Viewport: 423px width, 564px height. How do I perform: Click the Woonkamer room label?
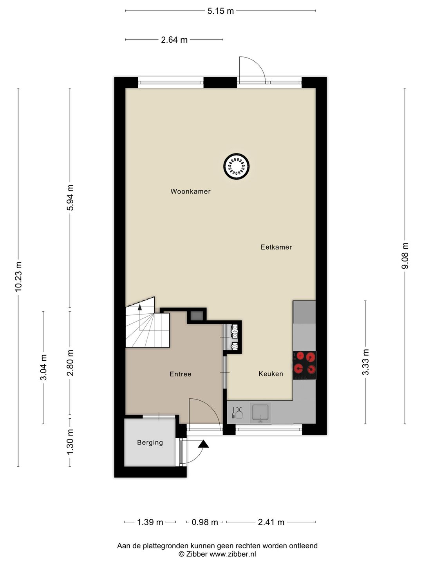190,192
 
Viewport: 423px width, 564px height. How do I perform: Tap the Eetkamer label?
276,247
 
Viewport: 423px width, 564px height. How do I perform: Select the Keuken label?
271,374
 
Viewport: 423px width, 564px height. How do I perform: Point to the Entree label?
181,374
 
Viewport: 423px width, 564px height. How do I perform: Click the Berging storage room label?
150,443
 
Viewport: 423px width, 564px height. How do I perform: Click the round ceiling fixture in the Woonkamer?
237,166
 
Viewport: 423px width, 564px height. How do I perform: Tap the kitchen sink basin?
260,413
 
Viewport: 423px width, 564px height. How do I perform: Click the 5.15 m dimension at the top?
221,11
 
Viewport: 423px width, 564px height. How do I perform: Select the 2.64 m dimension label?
174,40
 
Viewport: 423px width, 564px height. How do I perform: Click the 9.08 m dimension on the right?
405,256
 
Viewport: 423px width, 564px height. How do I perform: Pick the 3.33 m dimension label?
365,362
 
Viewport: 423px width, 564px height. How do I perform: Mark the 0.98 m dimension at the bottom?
205,522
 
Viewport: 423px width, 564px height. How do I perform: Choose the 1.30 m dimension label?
70,442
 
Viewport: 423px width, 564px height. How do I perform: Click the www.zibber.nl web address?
233,554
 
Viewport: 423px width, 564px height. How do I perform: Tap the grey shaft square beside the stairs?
197,316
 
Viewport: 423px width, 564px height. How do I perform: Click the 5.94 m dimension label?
70,197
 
